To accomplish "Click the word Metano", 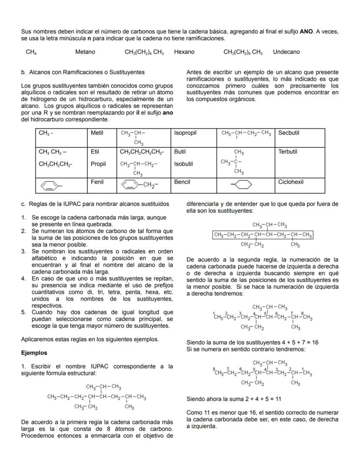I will click(x=85, y=52).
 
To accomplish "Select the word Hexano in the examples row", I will click(x=184, y=52).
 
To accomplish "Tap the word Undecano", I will click(x=286, y=52).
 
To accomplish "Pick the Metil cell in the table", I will click(x=97, y=133).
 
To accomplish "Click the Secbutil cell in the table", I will click(x=289, y=133).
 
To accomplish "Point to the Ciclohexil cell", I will click(x=291, y=182).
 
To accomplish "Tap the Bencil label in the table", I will click(x=182, y=182).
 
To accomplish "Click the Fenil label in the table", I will click(x=97, y=182).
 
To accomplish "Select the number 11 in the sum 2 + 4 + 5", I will click(x=278, y=399).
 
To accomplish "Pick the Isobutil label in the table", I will click(x=183, y=164).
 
